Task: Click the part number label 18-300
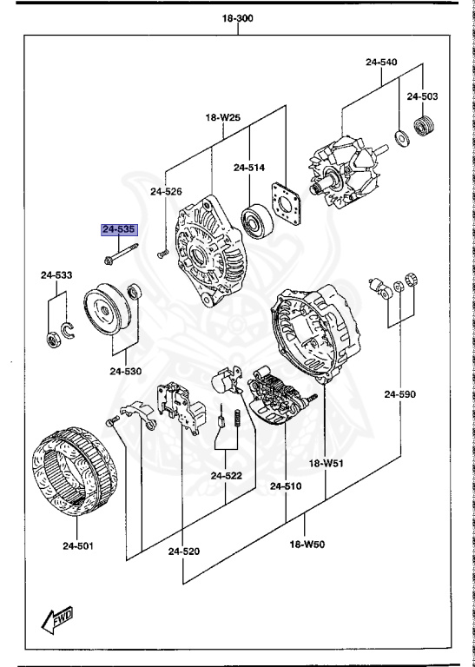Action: click(x=238, y=17)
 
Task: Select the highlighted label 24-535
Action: click(x=118, y=230)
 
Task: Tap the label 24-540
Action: click(x=381, y=63)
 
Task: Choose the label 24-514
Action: click(x=249, y=168)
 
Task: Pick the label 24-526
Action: click(x=166, y=191)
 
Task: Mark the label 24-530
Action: click(x=125, y=372)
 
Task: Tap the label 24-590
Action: click(x=400, y=394)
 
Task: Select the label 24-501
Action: click(x=77, y=546)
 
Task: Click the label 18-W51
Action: click(x=328, y=463)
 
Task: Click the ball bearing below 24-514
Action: click(x=258, y=218)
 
